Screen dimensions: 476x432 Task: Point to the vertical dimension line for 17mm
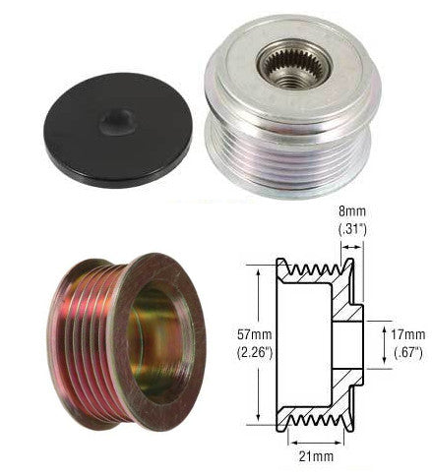click(381, 344)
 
